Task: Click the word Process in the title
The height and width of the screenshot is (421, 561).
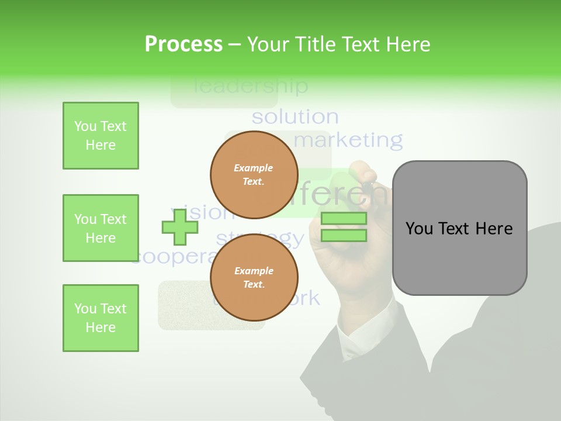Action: point(183,44)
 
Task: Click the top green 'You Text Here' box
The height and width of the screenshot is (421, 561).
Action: point(101,136)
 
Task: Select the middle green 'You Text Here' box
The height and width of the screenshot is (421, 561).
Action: point(101,228)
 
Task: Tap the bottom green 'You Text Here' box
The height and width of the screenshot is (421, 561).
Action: point(101,318)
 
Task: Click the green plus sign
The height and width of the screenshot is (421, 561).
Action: point(180,227)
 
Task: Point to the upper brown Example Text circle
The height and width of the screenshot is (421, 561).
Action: point(254,174)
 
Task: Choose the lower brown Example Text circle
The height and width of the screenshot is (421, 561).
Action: point(254,277)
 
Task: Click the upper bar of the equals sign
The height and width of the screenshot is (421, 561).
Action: point(344,219)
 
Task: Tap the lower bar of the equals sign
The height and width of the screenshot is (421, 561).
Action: point(344,235)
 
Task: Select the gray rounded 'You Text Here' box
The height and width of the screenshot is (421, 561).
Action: point(459,228)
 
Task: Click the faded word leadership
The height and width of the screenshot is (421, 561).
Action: point(250,87)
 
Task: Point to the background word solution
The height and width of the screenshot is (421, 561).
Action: point(295,117)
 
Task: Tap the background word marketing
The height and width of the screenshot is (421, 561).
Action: point(348,140)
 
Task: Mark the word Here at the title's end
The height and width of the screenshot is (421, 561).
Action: point(407,44)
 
